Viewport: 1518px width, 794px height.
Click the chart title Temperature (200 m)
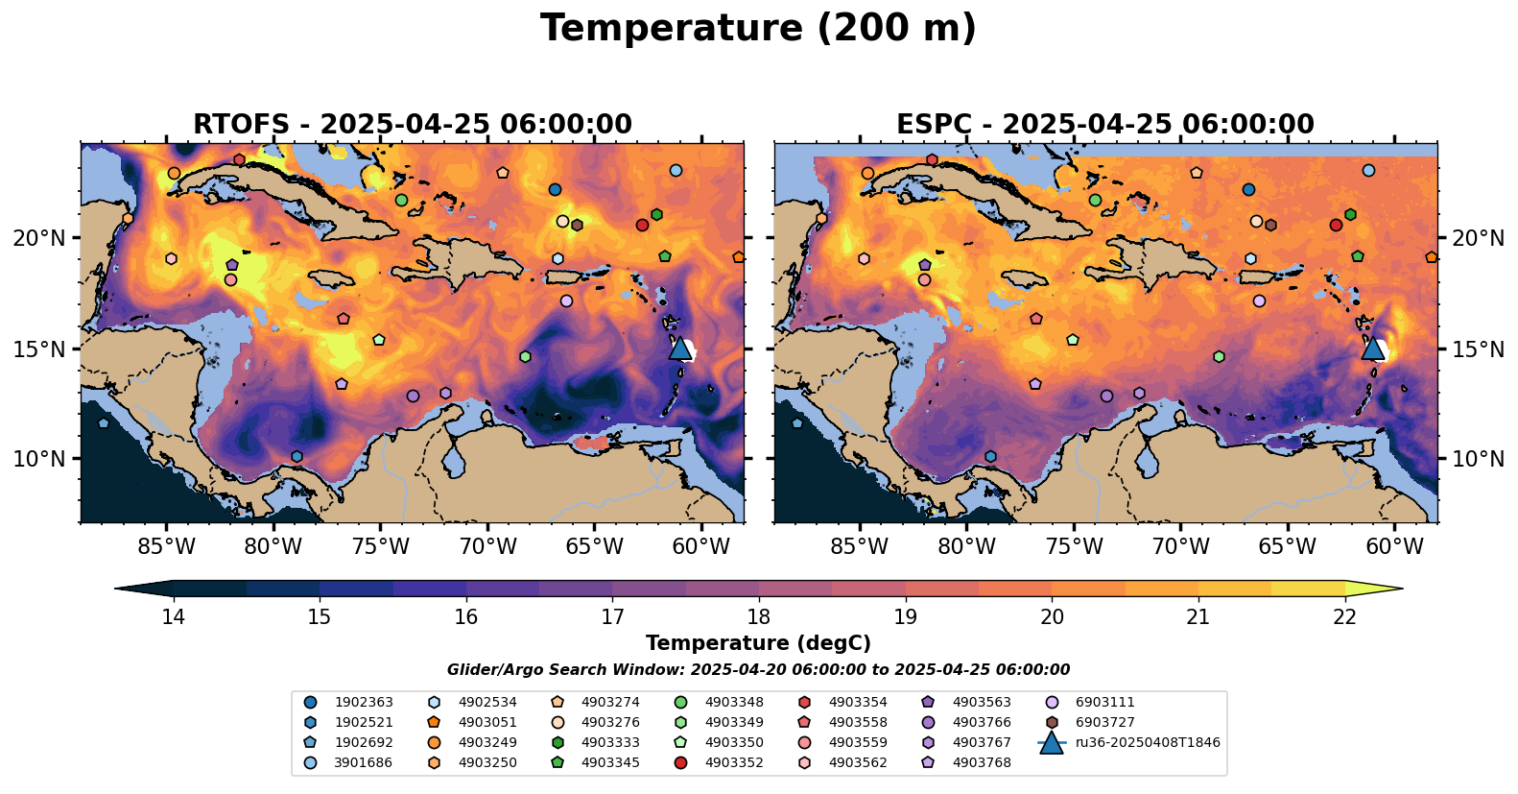pos(758,29)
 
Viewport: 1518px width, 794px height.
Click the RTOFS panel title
pos(413,125)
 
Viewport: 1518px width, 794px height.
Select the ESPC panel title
pos(1105,125)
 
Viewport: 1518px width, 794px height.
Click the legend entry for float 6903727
pos(1104,723)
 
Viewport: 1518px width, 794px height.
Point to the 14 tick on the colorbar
pos(173,616)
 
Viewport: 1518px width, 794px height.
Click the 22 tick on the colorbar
pos(1345,616)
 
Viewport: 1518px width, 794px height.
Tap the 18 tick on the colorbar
pos(759,616)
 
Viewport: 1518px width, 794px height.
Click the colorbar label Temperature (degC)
pos(758,643)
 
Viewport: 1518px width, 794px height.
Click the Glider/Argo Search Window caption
pos(758,670)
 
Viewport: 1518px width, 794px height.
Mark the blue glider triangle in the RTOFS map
pos(680,349)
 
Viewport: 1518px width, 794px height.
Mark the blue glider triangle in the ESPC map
pos(1373,349)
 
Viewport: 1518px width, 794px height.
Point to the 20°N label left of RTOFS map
pos(39,238)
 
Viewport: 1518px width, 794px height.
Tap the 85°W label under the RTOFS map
pos(166,548)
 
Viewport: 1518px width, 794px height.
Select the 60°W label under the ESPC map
pos(1394,548)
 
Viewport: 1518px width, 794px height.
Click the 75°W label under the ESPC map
pos(1074,548)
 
